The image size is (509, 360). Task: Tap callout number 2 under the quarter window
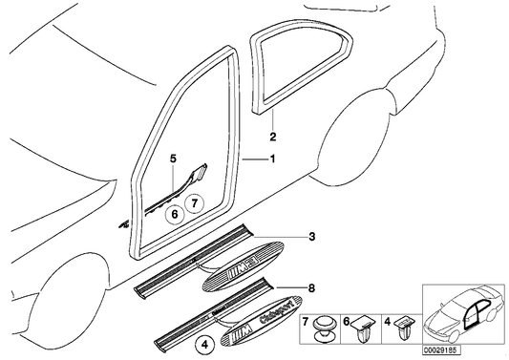point(271,137)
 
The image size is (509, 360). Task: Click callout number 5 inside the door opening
point(174,156)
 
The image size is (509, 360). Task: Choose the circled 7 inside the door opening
point(194,203)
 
